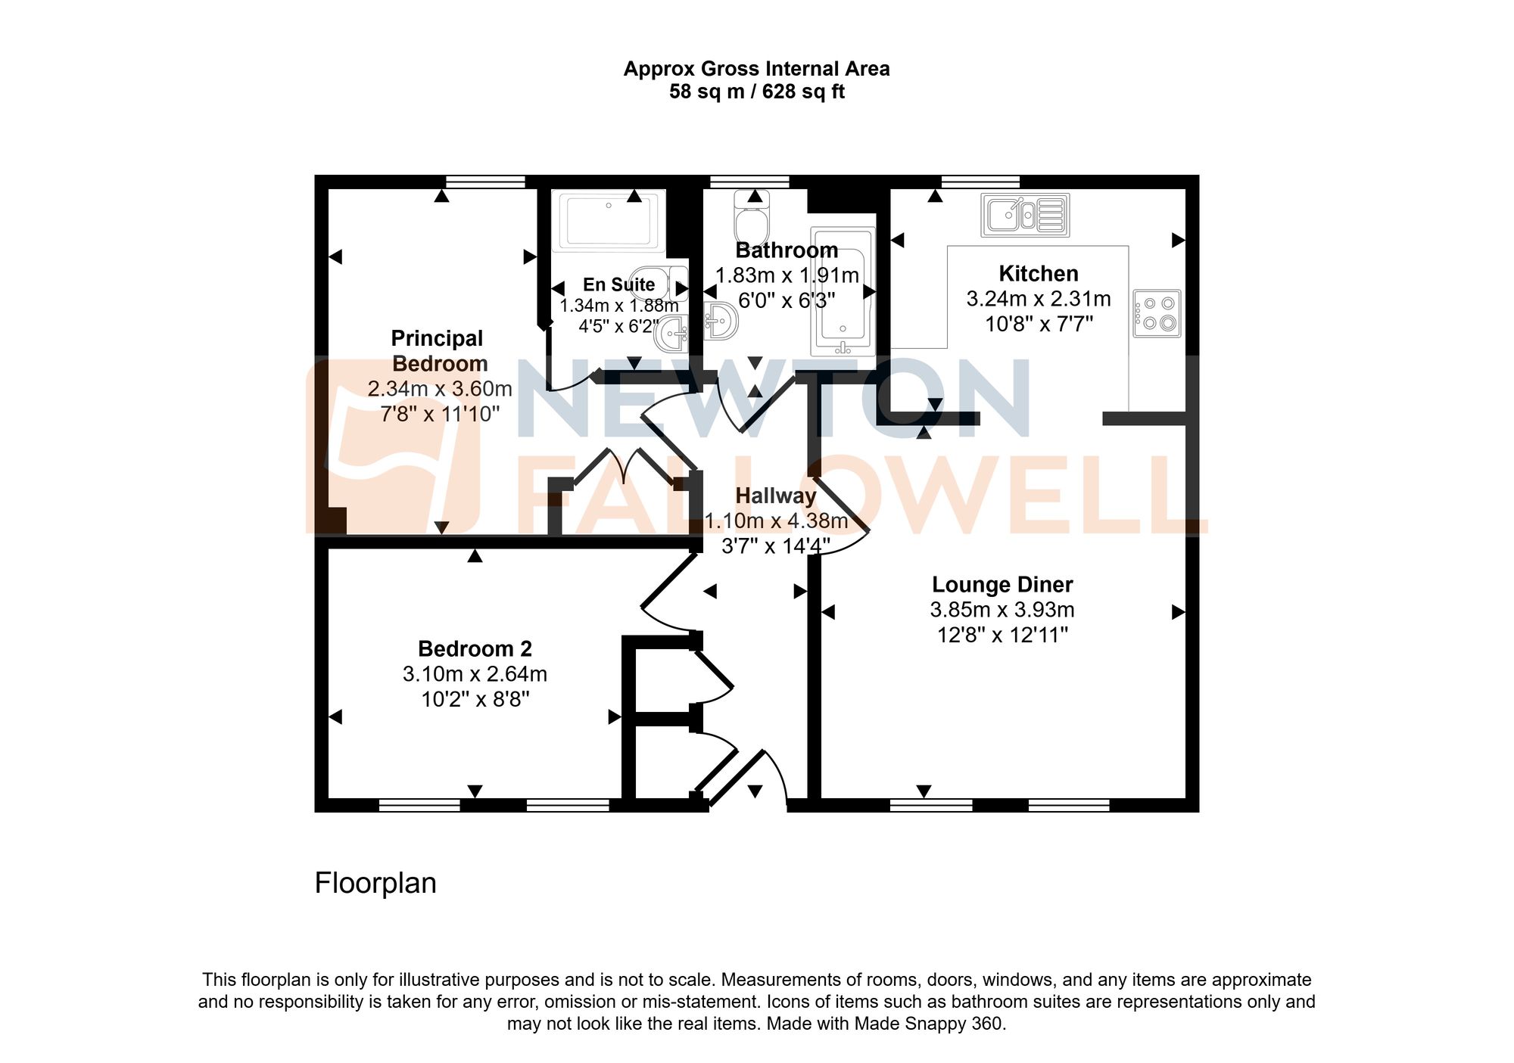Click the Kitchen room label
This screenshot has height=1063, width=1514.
point(1038,273)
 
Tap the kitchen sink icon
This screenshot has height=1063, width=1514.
point(1025,215)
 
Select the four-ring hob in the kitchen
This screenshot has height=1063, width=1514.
point(1157,313)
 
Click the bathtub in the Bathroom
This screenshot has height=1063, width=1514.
point(843,291)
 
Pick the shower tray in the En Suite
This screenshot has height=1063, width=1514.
point(609,220)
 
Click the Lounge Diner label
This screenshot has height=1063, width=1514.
point(1002,584)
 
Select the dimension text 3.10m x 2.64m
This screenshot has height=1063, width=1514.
point(475,673)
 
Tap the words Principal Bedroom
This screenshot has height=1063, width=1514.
point(438,350)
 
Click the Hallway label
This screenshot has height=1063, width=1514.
point(776,496)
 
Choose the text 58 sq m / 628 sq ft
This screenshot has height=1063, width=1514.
point(756,92)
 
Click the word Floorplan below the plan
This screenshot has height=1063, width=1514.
point(375,883)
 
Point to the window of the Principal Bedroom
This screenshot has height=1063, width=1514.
point(485,182)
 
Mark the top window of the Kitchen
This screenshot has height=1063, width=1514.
point(980,182)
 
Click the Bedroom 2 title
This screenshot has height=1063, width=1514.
point(475,648)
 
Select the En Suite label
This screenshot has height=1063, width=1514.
point(618,284)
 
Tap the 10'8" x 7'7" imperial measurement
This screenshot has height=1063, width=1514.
point(1039,324)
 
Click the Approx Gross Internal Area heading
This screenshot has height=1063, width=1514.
point(756,69)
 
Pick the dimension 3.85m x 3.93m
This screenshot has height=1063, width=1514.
point(1002,609)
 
